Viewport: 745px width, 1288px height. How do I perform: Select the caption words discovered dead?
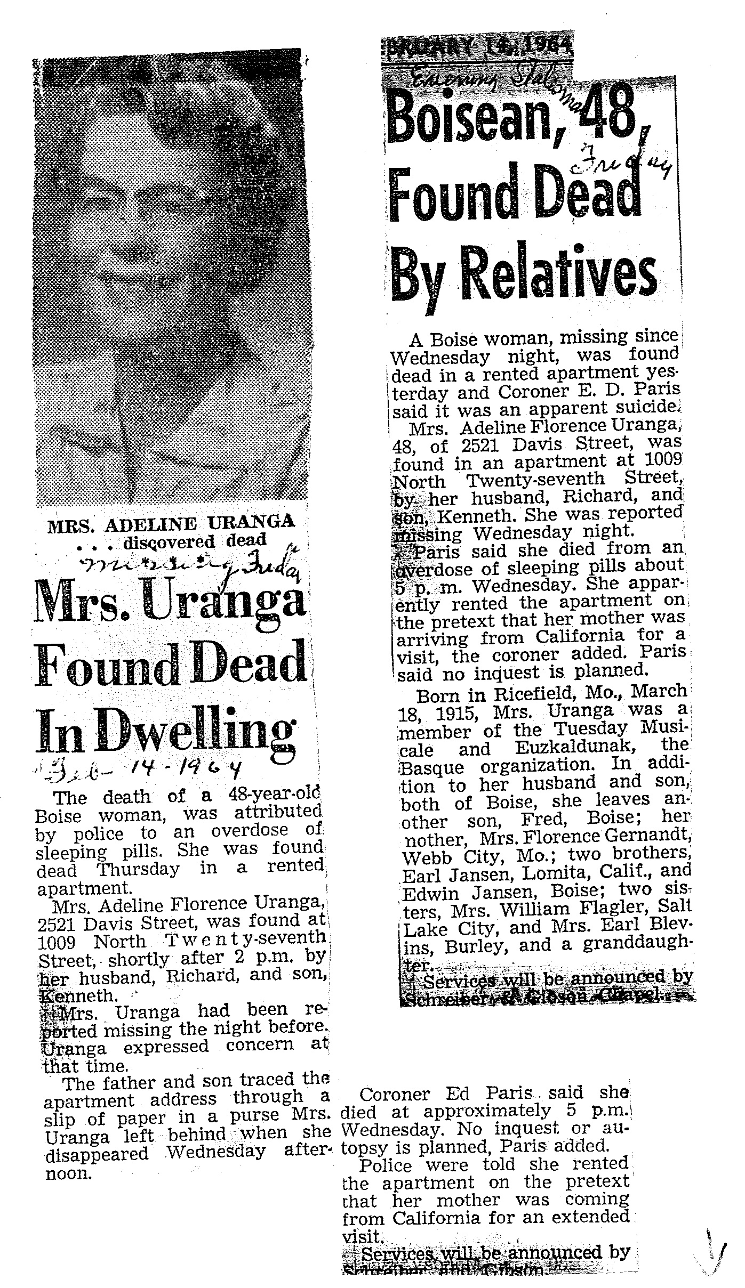194,541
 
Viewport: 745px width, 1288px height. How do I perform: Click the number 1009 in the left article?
58,942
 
